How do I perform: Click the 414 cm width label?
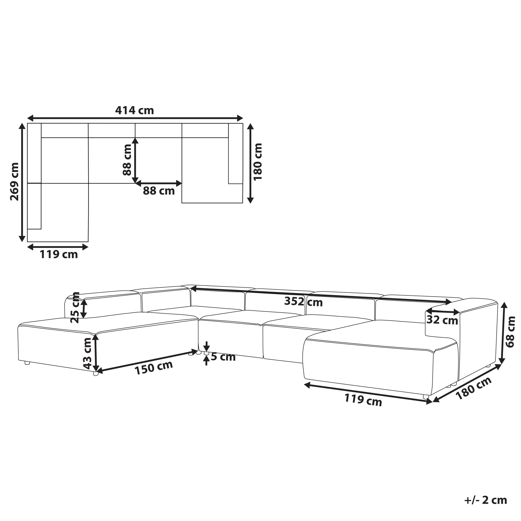134,110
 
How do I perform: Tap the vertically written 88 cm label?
127,160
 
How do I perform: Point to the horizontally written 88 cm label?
159,191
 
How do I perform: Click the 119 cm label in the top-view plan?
59,254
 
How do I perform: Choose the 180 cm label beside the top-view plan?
258,162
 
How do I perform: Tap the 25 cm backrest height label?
75,308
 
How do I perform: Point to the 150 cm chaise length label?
154,368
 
